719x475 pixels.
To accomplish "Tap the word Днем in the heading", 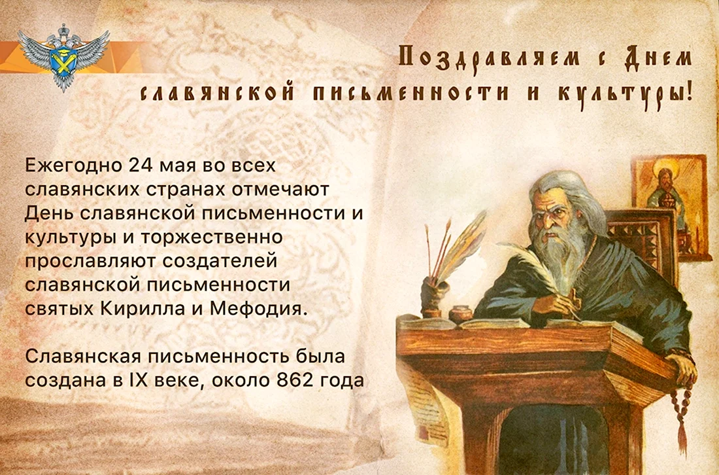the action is click(658, 58).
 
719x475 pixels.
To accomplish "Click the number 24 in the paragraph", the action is click(141, 166).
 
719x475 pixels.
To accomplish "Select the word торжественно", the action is click(211, 237).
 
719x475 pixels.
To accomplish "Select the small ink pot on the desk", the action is click(460, 314).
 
